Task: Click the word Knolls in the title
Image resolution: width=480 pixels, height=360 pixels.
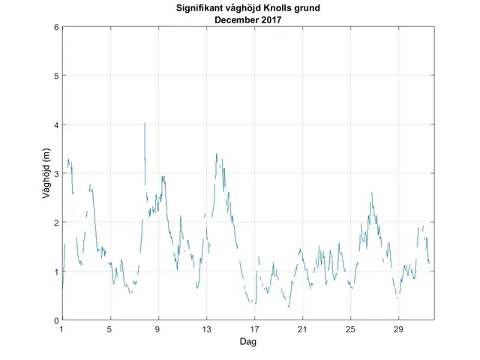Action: (x=289, y=9)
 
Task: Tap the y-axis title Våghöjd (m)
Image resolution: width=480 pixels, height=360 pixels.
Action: (x=46, y=174)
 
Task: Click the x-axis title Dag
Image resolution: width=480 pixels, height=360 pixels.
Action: (x=248, y=341)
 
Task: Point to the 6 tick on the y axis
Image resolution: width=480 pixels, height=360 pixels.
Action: (x=55, y=27)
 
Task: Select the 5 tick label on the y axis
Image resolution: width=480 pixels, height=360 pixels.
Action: (x=55, y=76)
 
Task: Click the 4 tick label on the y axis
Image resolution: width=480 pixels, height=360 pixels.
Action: (x=55, y=124)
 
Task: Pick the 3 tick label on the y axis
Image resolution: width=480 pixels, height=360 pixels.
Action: (x=55, y=173)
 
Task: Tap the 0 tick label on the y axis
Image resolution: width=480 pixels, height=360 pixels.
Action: (x=55, y=320)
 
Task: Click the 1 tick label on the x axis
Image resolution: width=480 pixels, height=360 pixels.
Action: (x=62, y=329)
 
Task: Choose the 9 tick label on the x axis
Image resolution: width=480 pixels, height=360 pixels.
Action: (x=158, y=329)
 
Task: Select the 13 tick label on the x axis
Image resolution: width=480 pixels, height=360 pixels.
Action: (x=206, y=329)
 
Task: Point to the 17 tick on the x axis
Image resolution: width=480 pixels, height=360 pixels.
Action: (x=254, y=329)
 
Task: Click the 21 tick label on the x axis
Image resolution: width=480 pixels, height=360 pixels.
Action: (x=302, y=329)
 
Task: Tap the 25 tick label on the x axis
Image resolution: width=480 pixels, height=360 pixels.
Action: (x=350, y=329)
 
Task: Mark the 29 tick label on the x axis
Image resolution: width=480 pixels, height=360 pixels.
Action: (x=398, y=329)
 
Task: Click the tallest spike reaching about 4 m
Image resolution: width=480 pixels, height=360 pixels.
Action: (x=145, y=124)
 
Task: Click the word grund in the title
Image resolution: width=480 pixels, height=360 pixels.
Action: (x=319, y=9)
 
